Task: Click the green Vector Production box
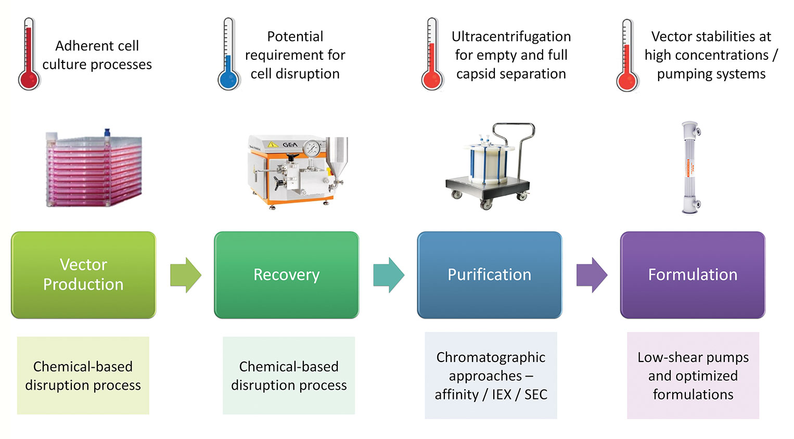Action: pyautogui.click(x=83, y=275)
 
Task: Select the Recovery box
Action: pyautogui.click(x=286, y=275)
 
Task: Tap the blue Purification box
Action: pyautogui.click(x=489, y=275)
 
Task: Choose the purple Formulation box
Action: pyautogui.click(x=693, y=275)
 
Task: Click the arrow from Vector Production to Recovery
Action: pyautogui.click(x=185, y=275)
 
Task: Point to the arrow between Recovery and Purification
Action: pyautogui.click(x=388, y=275)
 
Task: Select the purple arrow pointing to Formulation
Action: pyautogui.click(x=592, y=275)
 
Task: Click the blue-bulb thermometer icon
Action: pyautogui.click(x=228, y=55)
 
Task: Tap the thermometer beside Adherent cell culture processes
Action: pyautogui.click(x=29, y=55)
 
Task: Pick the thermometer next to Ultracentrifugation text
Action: pyautogui.click(x=432, y=55)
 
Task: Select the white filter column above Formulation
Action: pyautogui.click(x=690, y=167)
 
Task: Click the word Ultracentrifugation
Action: pyautogui.click(x=511, y=36)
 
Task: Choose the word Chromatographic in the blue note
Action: pyautogui.click(x=491, y=357)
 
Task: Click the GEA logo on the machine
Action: pyautogui.click(x=290, y=144)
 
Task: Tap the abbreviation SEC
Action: pyautogui.click(x=535, y=395)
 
